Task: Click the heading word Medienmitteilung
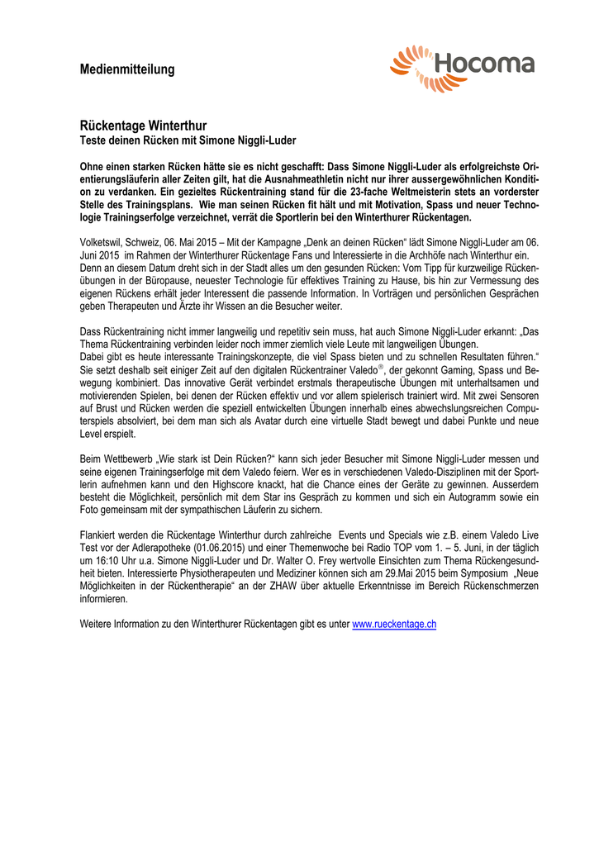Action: click(127, 69)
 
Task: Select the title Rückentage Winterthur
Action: click(143, 126)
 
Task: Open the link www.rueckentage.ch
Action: click(394, 625)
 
